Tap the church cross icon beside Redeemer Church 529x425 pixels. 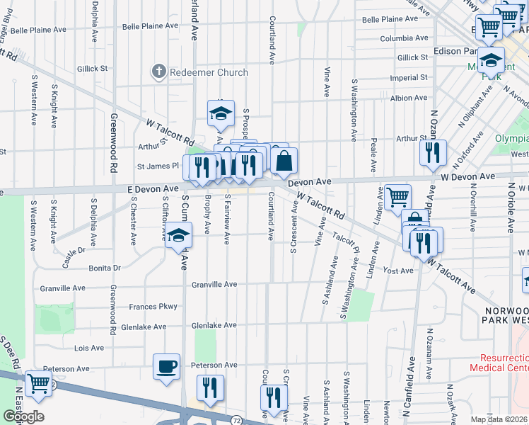(158, 72)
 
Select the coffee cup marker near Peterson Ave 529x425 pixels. (167, 367)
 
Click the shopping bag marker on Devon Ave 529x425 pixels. (284, 160)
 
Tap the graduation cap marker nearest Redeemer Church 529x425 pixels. (221, 112)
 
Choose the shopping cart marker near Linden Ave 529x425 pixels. (398, 196)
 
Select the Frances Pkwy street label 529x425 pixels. (153, 307)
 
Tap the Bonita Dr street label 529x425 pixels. (105, 268)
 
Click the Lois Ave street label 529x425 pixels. (89, 348)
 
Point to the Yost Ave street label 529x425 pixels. (397, 271)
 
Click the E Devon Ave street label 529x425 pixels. (153, 189)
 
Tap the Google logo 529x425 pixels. (23, 416)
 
